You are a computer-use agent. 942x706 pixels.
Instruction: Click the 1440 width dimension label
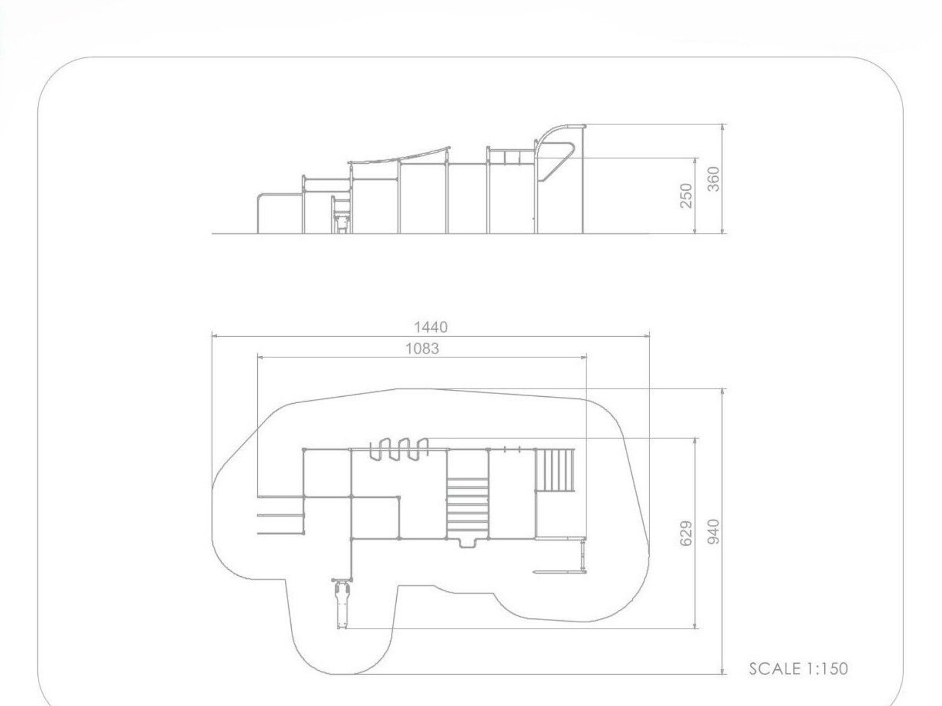(x=431, y=327)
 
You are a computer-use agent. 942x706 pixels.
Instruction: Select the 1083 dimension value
(x=423, y=349)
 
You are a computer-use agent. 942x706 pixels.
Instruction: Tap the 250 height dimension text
(x=686, y=195)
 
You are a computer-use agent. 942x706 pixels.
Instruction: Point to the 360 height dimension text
(x=714, y=179)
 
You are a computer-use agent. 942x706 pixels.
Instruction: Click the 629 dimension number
(x=686, y=534)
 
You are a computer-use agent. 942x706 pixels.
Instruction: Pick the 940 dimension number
(x=714, y=531)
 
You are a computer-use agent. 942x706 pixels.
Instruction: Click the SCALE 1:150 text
(x=798, y=669)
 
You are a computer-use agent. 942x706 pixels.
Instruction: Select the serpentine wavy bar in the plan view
(x=399, y=449)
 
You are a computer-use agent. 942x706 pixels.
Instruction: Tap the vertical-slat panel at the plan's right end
(x=554, y=469)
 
